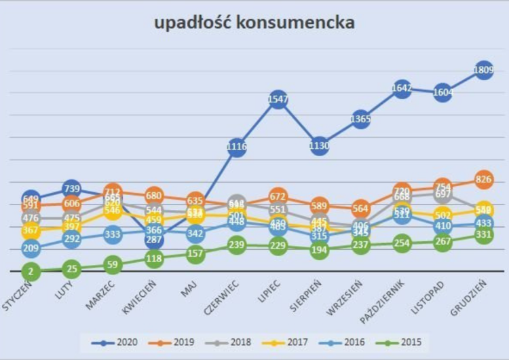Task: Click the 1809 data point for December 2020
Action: tap(484, 70)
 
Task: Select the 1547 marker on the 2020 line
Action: tap(278, 100)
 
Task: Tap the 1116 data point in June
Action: tap(236, 147)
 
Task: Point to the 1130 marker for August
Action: tap(319, 145)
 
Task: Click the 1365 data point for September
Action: tap(360, 120)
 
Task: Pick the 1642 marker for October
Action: tap(402, 88)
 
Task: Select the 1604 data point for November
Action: tap(442, 92)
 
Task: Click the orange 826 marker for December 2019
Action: tap(484, 179)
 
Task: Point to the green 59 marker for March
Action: tap(113, 265)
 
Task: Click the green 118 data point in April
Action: tap(154, 259)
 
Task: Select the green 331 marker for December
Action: tap(484, 234)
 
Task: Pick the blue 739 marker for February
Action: tap(71, 189)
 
